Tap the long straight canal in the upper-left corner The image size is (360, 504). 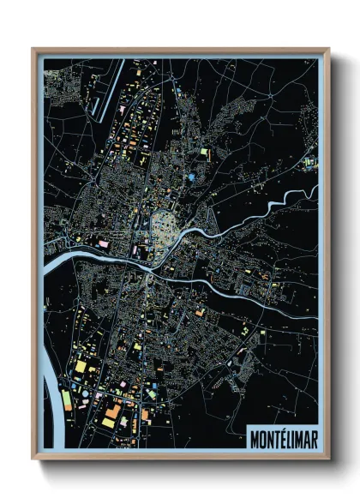(x=105, y=89)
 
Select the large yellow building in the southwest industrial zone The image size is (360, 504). (x=81, y=366)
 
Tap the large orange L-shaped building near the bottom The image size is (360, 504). (x=113, y=413)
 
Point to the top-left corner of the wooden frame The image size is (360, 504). (x=33, y=49)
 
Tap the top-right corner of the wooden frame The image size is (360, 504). (x=328, y=49)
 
